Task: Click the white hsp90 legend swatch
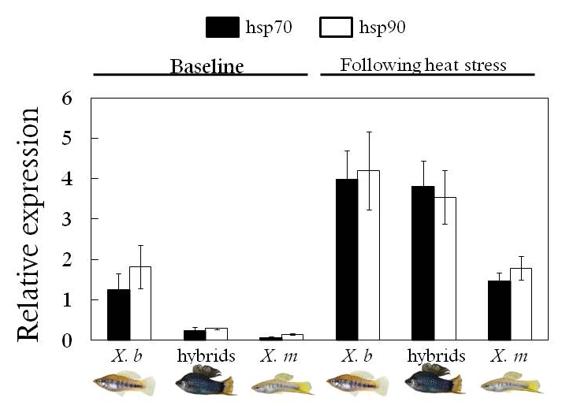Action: point(335,28)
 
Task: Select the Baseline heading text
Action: point(202,65)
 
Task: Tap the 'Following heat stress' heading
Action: point(422,65)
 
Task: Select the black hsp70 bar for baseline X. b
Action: point(118,314)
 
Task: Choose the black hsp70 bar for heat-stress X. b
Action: point(347,259)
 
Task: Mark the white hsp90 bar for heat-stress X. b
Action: point(368,255)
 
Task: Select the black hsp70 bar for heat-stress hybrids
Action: point(422,263)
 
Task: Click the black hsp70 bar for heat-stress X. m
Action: point(499,310)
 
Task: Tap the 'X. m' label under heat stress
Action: point(508,355)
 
